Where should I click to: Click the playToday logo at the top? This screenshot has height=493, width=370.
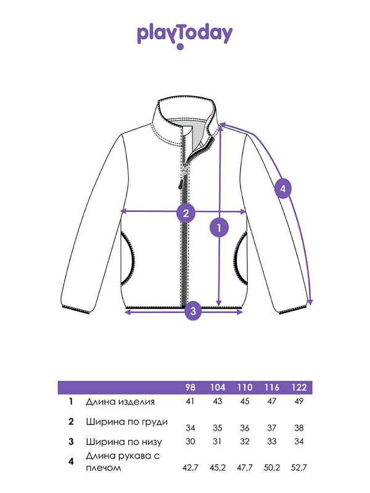tap(184, 36)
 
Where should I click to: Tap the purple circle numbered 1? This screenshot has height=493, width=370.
tap(220, 227)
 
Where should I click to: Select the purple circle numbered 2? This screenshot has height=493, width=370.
tap(186, 213)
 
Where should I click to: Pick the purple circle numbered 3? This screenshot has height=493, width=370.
tap(193, 311)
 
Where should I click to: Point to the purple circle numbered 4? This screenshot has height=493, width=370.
tap(283, 189)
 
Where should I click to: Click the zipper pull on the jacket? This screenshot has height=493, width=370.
tap(181, 182)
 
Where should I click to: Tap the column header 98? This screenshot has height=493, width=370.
tap(190, 388)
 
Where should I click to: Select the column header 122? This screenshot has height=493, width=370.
tap(299, 388)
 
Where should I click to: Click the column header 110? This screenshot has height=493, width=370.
tap(245, 388)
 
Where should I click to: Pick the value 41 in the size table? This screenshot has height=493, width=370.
tap(190, 401)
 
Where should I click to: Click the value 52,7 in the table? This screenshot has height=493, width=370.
tap(299, 468)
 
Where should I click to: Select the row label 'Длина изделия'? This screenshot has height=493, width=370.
tap(120, 402)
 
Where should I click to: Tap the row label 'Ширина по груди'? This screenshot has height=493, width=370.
tap(127, 422)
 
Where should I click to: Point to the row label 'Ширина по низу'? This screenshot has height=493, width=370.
tap(124, 442)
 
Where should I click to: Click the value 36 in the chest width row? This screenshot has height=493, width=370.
tap(244, 428)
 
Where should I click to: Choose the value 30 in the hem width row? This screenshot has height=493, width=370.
tap(190, 441)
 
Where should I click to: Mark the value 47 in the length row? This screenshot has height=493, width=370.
tap(271, 401)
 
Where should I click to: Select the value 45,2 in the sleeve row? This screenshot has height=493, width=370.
tap(218, 468)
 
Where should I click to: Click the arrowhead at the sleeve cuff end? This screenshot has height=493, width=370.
tap(311, 303)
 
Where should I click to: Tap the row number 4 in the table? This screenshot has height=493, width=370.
tap(71, 461)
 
